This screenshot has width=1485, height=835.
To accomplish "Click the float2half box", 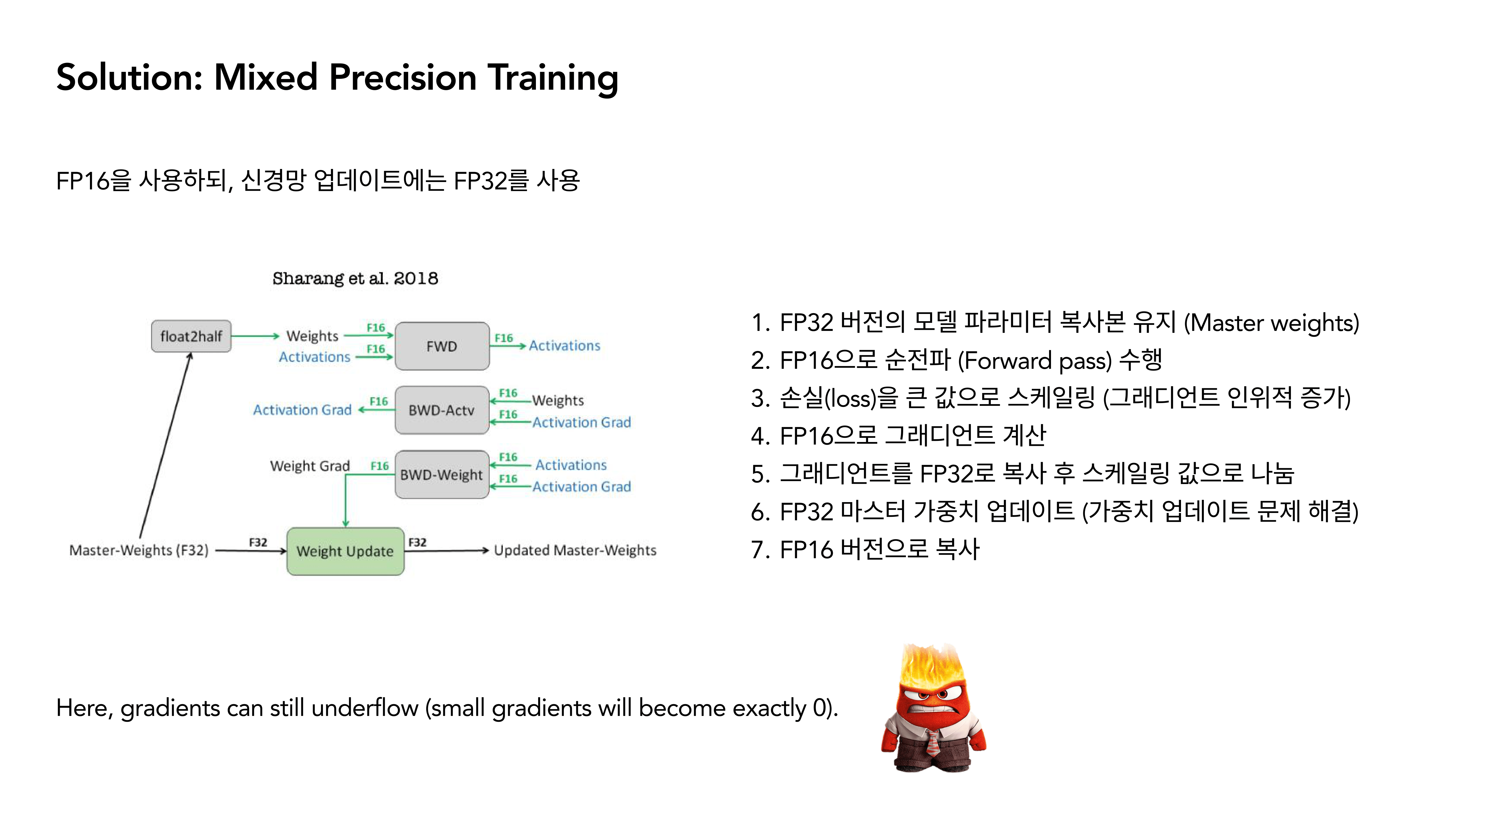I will [x=191, y=336].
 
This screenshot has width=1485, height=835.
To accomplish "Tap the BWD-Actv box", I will [x=442, y=410].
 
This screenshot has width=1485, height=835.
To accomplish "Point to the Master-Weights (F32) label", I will [x=138, y=550].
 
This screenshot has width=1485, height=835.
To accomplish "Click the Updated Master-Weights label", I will [x=575, y=550].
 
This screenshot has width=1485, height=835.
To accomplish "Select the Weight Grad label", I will [x=310, y=466].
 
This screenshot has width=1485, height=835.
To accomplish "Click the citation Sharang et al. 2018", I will [x=355, y=278].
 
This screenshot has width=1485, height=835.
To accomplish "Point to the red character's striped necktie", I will [x=932, y=743].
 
